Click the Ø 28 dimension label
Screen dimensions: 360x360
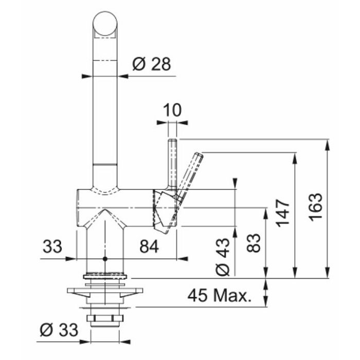(x=152, y=64)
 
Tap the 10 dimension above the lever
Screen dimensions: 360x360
(x=172, y=110)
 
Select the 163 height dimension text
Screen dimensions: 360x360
(x=315, y=207)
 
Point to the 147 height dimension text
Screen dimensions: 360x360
(x=283, y=213)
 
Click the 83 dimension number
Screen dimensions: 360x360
(x=254, y=243)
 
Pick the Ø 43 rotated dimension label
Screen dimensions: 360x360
(x=223, y=257)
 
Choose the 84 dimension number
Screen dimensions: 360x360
(x=149, y=246)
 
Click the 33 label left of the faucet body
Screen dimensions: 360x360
(x=52, y=246)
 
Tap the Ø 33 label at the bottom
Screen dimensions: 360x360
(x=59, y=330)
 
